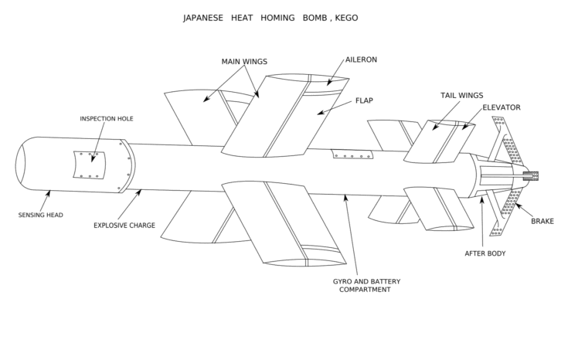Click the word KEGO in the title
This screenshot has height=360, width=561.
(x=346, y=18)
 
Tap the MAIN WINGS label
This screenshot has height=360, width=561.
(x=244, y=62)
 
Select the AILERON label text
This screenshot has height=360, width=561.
(x=361, y=59)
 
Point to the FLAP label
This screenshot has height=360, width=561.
(x=364, y=100)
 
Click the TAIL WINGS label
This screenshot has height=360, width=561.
(x=462, y=96)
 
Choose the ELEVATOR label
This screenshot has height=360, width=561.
(x=501, y=107)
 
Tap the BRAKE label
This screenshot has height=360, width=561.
(x=542, y=222)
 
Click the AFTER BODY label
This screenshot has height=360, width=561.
(x=485, y=253)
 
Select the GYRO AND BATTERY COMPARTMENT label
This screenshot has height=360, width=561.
(x=366, y=286)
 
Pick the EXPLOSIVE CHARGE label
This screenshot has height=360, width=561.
(x=124, y=226)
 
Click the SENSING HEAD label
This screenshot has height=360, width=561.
(x=41, y=215)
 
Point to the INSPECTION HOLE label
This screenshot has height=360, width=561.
(x=107, y=119)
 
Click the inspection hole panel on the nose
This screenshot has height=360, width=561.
(x=90, y=165)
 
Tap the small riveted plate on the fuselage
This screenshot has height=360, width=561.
(x=352, y=155)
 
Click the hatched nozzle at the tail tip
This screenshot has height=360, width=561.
(x=531, y=176)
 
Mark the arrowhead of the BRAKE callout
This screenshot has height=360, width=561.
(x=518, y=205)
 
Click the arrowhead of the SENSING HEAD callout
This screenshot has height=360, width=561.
(x=49, y=194)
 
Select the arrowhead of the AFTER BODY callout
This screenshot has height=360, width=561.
(x=482, y=200)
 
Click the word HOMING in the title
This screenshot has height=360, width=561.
(x=277, y=18)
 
